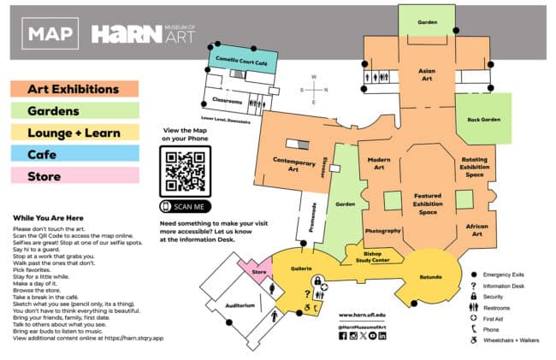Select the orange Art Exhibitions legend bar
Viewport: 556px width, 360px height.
pos(74,89)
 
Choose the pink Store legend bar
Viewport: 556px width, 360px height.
pos(74,176)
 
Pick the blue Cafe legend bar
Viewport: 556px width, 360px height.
pos(74,154)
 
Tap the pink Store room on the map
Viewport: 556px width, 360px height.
pos(259,273)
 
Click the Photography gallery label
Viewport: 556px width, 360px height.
pos(382,232)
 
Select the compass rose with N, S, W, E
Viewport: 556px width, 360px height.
pos(314,90)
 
